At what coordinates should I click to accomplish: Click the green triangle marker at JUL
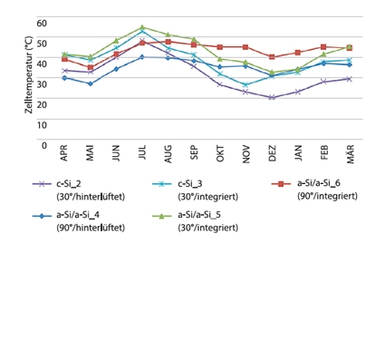click(x=142, y=27)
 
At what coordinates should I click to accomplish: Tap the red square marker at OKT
click(x=219, y=47)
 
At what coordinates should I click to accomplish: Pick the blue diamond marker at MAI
click(x=90, y=83)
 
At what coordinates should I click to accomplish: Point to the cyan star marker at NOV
click(x=245, y=85)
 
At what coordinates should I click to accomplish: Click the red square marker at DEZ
click(x=272, y=57)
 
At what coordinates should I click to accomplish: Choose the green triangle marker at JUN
click(x=116, y=40)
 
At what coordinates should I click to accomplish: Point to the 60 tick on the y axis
click(x=41, y=21)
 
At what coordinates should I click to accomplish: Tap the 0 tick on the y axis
click(x=43, y=144)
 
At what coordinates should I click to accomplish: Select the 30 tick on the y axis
click(x=41, y=83)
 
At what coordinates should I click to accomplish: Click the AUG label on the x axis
click(x=168, y=160)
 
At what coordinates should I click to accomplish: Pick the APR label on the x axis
click(x=64, y=160)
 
